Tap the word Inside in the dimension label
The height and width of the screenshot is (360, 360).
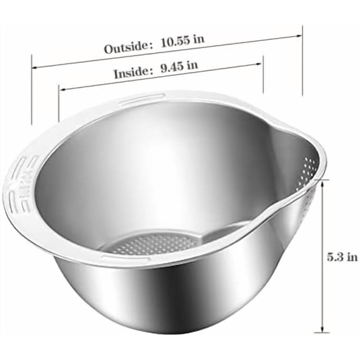[130, 72]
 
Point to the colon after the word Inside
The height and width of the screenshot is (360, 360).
[152, 71]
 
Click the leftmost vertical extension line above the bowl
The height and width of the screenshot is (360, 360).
[32, 94]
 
